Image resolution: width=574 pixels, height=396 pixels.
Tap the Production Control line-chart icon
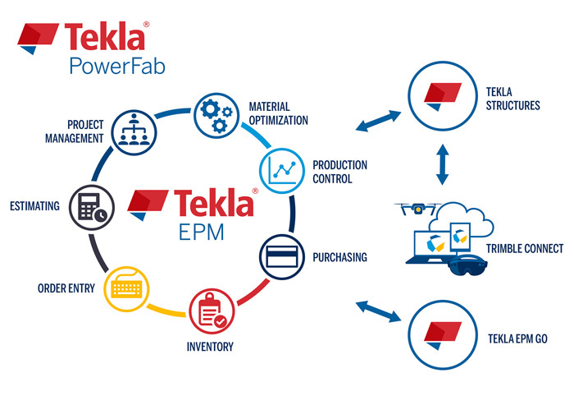click(x=282, y=169)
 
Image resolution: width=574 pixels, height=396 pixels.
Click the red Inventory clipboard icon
click(x=212, y=310)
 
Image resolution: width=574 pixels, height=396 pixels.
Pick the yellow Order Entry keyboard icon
click(x=125, y=288)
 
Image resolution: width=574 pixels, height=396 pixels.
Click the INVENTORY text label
click(x=210, y=346)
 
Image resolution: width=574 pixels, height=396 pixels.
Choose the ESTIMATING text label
click(x=34, y=206)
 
